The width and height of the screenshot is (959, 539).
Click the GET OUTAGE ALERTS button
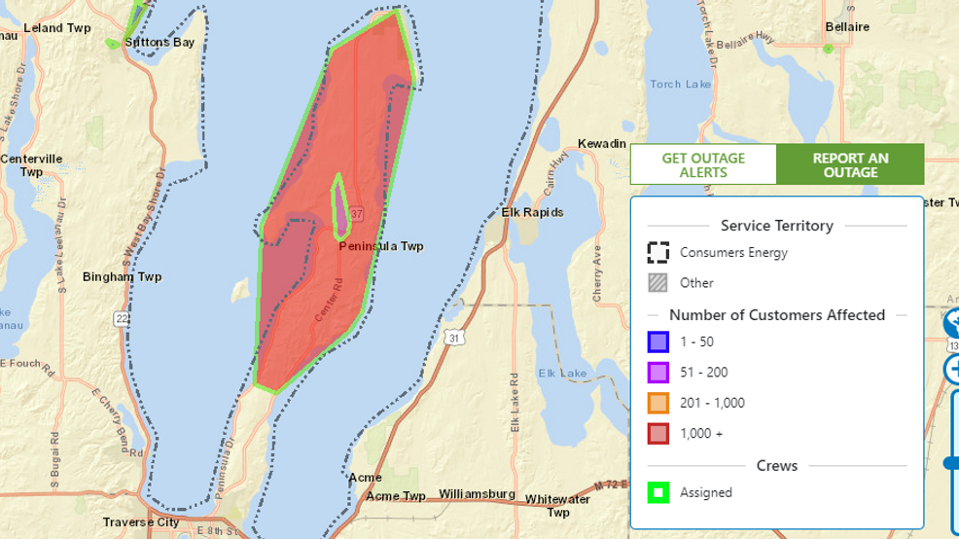(x=703, y=165)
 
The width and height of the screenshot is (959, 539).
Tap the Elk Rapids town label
(x=532, y=212)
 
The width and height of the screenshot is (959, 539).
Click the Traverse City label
(x=141, y=522)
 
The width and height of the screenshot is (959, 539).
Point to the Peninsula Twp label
(x=381, y=247)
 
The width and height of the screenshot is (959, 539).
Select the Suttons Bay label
(x=160, y=42)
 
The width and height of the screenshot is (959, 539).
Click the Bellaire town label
(x=846, y=27)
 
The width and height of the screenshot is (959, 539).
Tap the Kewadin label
(x=602, y=144)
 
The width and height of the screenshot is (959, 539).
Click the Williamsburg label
(x=477, y=494)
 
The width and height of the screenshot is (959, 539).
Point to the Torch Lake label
(x=680, y=85)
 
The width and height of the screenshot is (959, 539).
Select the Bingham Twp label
(x=123, y=277)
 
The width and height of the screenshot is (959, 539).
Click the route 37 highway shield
(x=357, y=214)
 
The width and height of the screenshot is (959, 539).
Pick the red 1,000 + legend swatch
(x=658, y=433)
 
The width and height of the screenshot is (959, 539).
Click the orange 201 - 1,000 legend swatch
(x=658, y=403)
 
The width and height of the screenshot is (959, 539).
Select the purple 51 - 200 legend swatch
(x=658, y=372)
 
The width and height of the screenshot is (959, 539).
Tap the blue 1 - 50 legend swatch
(x=658, y=341)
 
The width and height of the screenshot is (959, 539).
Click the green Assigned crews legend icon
(x=658, y=492)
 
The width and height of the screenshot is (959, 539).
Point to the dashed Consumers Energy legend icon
(x=658, y=252)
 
